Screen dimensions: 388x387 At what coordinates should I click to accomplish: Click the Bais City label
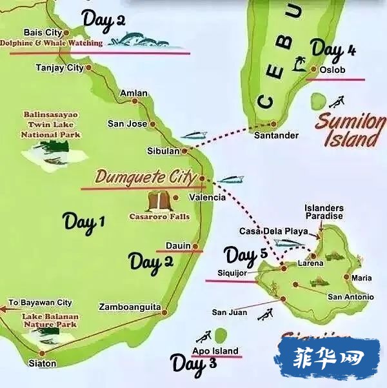pos(42,32)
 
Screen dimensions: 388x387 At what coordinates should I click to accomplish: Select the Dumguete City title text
pos(145,176)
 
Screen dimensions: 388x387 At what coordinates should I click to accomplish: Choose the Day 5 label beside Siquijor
pos(246,255)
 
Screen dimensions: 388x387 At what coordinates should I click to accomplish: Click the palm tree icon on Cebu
pos(299,63)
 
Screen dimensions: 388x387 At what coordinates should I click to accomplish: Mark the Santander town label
pos(276,136)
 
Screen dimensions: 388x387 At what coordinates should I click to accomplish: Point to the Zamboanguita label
pos(130,307)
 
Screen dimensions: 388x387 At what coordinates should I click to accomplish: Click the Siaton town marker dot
pos(43,352)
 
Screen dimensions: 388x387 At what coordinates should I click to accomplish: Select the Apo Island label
pos(215,351)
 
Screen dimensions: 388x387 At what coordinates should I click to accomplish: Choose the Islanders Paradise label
pos(323,212)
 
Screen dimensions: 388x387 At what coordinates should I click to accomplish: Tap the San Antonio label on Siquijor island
pos(350,297)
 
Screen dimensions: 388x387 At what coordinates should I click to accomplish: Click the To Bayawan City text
pos(40,303)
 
